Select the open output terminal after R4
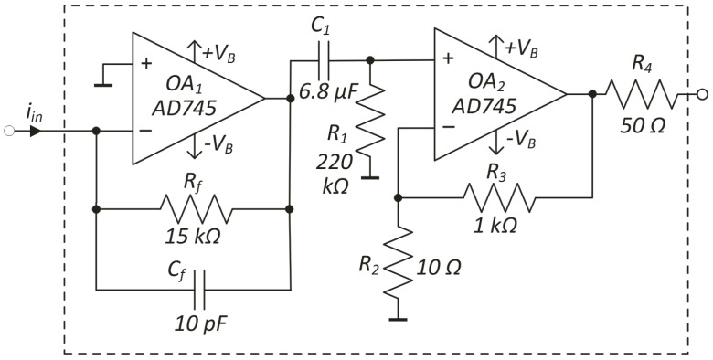click(x=702, y=94)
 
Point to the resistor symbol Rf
click(x=193, y=208)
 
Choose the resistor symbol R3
click(x=495, y=196)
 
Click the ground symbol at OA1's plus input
click(x=108, y=78)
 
